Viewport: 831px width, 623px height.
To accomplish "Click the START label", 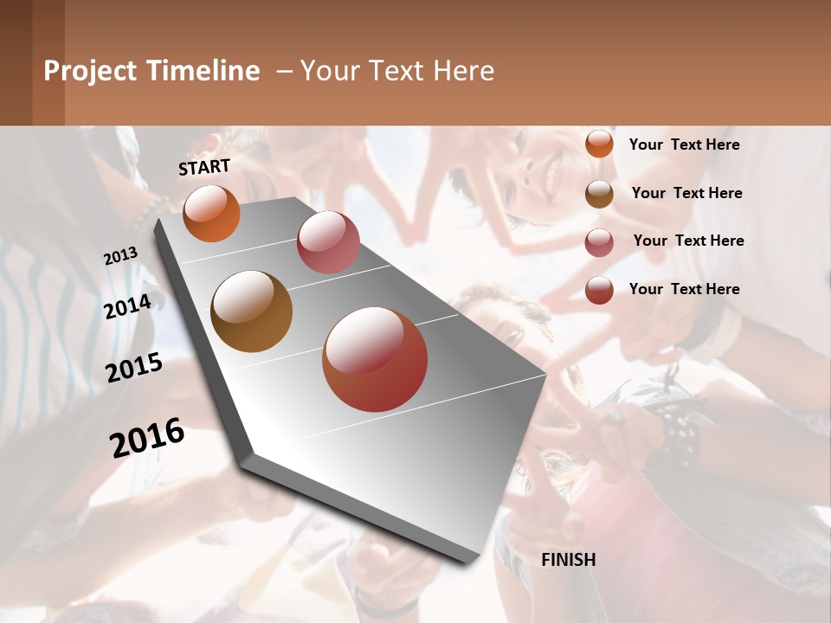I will point(204,167).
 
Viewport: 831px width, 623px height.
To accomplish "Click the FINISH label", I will point(569,560).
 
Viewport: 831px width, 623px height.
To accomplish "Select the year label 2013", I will point(121,256).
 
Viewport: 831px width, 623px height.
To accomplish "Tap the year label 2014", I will point(128,306).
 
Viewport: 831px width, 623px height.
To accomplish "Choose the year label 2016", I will point(147,437).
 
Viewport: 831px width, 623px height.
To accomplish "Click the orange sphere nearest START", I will point(211,213).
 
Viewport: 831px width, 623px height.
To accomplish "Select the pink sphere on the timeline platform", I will point(328,241).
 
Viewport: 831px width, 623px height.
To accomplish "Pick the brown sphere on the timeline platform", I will point(251,311).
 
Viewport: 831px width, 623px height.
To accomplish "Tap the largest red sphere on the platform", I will point(375,359).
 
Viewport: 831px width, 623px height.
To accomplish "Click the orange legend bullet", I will point(599,144).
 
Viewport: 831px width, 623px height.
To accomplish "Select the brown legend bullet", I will point(599,194).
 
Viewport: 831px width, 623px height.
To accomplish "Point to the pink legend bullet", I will point(599,242).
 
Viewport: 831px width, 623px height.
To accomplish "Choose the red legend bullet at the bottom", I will point(599,290).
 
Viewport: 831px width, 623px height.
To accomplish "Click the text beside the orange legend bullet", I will point(684,145).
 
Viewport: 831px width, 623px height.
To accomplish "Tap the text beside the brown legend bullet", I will point(686,193).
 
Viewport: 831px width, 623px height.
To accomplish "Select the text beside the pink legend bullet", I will point(688,241).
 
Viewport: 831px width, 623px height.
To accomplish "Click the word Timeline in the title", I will point(203,71).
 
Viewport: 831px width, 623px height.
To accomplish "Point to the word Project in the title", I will point(91,71).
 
